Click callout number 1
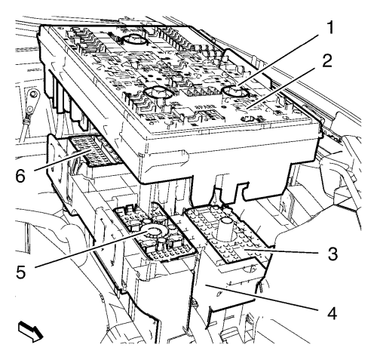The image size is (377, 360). [x=329, y=28]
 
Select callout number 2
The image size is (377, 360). [x=327, y=60]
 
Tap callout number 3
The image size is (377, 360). [x=333, y=254]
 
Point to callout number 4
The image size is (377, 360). [x=332, y=314]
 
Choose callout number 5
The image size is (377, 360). [x=21, y=272]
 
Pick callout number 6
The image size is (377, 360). [x=21, y=176]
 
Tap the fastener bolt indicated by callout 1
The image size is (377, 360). [x=235, y=92]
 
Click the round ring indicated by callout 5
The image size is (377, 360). [x=153, y=232]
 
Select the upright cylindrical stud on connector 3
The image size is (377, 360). [x=225, y=228]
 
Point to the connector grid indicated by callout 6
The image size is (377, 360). [x=93, y=151]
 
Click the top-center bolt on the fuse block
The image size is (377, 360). [x=134, y=39]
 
